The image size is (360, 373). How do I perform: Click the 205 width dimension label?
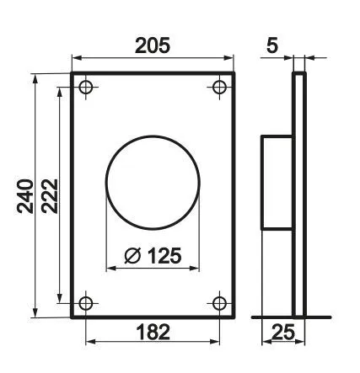[153, 45]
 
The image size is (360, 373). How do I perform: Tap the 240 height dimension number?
[25, 196]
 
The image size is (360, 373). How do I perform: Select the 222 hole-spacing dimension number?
[50, 196]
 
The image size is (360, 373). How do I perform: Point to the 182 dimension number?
[153, 332]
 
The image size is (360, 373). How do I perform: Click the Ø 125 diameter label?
[153, 255]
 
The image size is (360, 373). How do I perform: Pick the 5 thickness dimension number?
[272, 45]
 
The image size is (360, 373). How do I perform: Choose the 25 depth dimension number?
[283, 332]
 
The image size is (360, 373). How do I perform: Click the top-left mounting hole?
[86, 87]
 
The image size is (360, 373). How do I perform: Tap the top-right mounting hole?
[219, 87]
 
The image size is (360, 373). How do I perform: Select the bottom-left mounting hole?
[86, 303]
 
